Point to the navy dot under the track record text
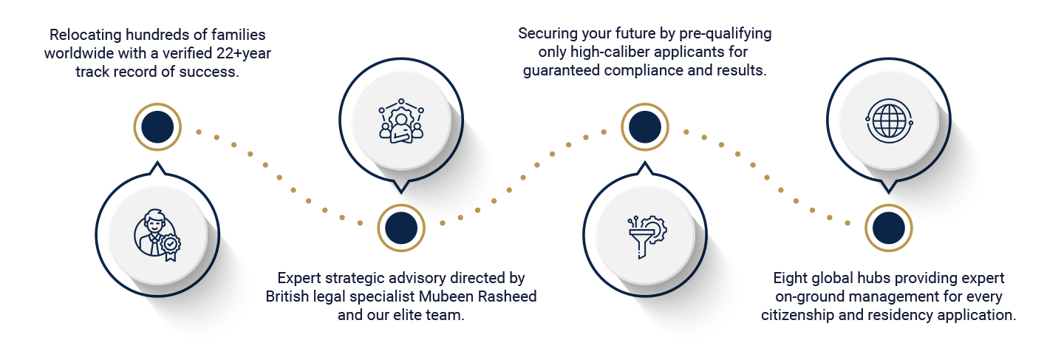pyautogui.click(x=157, y=126)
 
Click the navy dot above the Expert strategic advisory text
pyautogui.click(x=400, y=228)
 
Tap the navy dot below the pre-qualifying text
pyautogui.click(x=644, y=126)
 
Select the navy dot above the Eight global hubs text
pyautogui.click(x=887, y=227)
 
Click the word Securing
pyautogui.click(x=546, y=34)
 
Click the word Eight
pyautogui.click(x=791, y=278)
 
